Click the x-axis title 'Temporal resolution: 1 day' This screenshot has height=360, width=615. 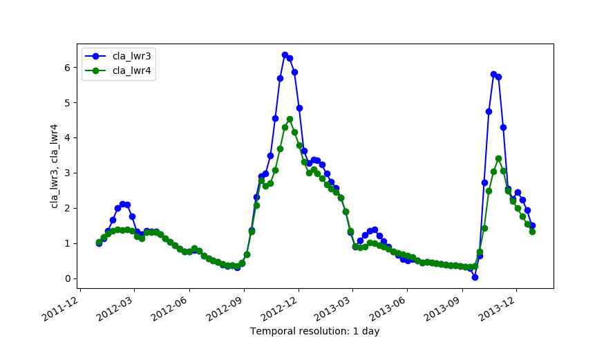tap(314, 331)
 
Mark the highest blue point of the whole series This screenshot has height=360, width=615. tap(285, 55)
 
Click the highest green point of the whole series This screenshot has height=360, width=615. tap(290, 119)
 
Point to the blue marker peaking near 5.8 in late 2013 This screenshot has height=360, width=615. tap(493, 74)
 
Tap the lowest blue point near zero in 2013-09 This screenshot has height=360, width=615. tap(475, 277)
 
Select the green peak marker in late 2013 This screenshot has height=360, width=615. tap(498, 158)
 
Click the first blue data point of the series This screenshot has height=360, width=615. tap(99, 243)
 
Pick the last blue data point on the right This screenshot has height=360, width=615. tap(532, 225)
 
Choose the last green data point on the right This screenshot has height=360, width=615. tap(532, 231)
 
